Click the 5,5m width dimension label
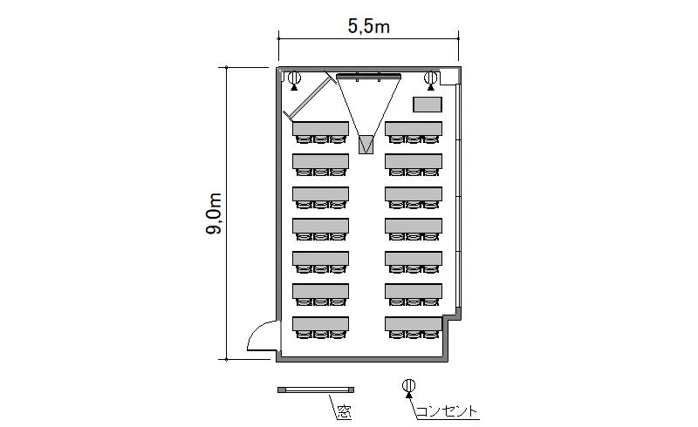tap(368, 27)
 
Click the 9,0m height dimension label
tap(214, 214)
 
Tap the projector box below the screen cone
tap(366, 145)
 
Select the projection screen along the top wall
tap(368, 77)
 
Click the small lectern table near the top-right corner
tap(428, 105)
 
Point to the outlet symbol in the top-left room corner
tap(294, 80)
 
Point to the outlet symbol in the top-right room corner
tap(430, 80)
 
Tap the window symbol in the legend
tap(316, 390)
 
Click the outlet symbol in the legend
tap(408, 388)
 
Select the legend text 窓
tap(344, 413)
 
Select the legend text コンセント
tap(447, 411)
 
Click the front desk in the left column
tap(320, 129)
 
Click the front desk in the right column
tap(414, 129)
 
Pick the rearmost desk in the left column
tap(320, 323)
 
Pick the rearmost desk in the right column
tap(414, 323)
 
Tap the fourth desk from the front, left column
tap(320, 226)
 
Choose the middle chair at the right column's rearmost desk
tap(414, 335)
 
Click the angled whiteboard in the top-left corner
tap(310, 98)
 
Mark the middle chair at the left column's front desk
tap(320, 139)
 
